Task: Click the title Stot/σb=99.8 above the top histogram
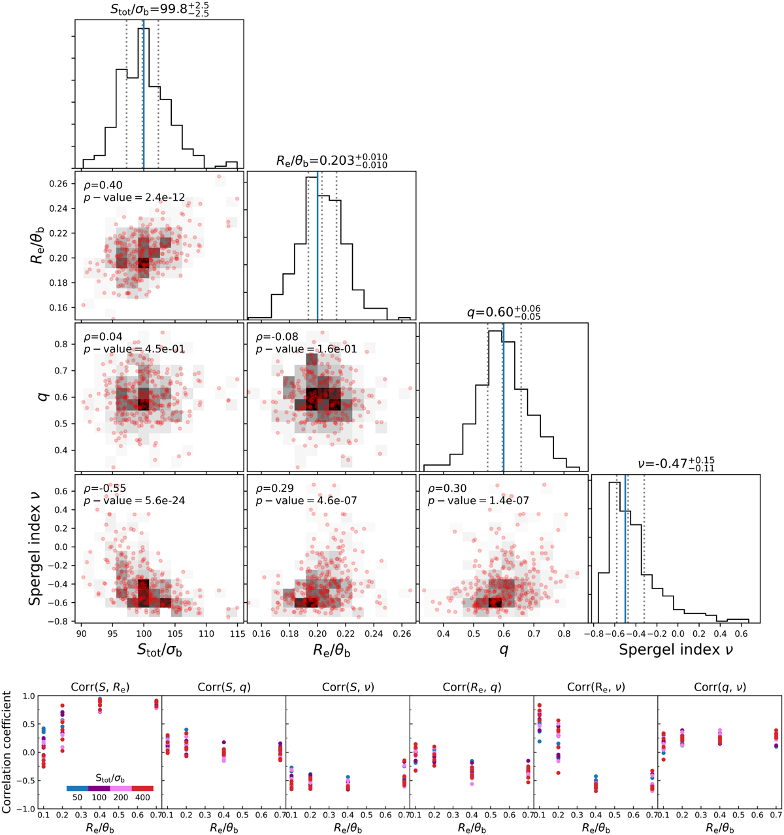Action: (159, 9)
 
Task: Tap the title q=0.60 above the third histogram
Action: (503, 312)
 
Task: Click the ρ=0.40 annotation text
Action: (100, 185)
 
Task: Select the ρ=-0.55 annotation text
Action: (102, 488)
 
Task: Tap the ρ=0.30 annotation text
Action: (445, 488)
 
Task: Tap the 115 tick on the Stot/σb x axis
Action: (237, 634)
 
